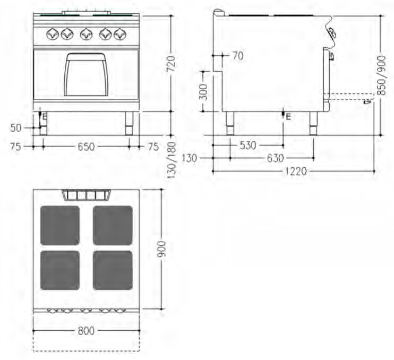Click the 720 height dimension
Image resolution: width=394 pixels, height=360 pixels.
(171, 64)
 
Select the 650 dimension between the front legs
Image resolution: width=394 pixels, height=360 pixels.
(86, 147)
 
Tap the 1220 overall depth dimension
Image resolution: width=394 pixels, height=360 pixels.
(296, 172)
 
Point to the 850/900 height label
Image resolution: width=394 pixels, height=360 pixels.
(381, 75)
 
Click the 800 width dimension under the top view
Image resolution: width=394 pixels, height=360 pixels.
(86, 331)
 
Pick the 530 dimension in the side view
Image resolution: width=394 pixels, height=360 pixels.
(248, 145)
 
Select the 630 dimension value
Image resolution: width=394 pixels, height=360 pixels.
(276, 158)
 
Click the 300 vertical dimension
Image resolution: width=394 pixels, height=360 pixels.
(204, 92)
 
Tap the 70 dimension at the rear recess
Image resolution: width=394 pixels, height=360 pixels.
(238, 56)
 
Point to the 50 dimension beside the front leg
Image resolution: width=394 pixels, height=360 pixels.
(16, 128)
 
